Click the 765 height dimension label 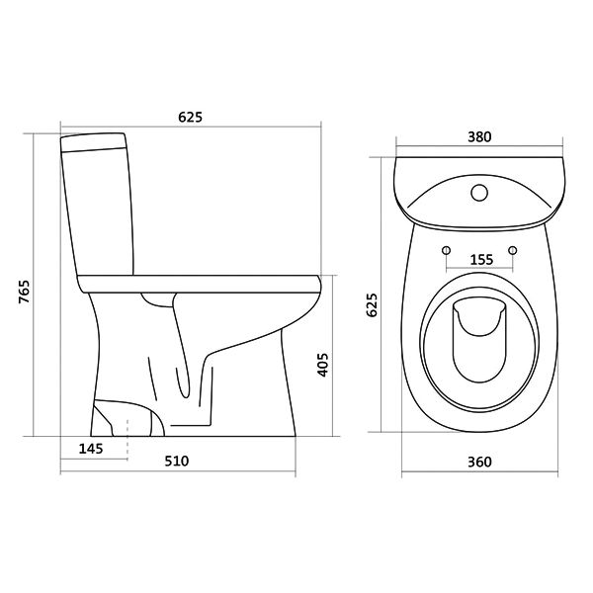click(x=24, y=292)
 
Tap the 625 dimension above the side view click(x=190, y=117)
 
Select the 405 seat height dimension click(x=322, y=365)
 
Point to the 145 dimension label click(x=91, y=449)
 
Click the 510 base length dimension click(x=176, y=461)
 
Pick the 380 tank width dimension click(x=479, y=136)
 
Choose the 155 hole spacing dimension click(x=481, y=259)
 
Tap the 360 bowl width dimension click(x=479, y=462)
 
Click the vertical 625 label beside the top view click(x=373, y=304)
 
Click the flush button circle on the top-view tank click(x=479, y=193)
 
